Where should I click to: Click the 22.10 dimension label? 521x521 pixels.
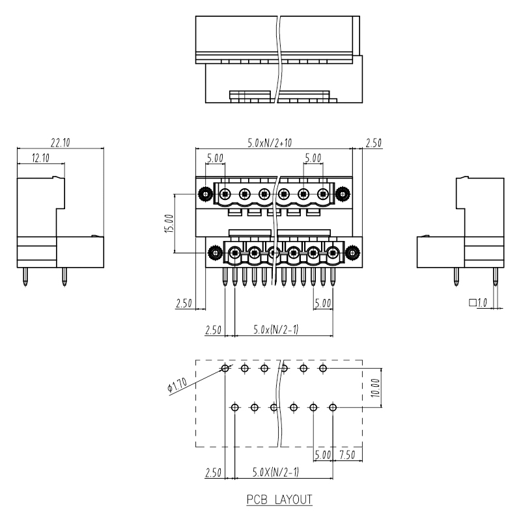point(61,143)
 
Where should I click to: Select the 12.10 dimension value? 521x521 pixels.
point(41,158)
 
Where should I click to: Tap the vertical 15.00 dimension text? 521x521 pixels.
point(169,223)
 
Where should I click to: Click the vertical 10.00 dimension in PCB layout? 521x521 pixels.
point(375,387)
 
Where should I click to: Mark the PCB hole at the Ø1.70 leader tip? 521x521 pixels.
point(225,369)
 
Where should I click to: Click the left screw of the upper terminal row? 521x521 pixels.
point(205,193)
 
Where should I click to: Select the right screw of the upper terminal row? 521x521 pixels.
point(343,193)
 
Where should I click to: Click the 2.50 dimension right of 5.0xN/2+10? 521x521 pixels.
point(373,143)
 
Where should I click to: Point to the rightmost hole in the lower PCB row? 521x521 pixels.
point(333,407)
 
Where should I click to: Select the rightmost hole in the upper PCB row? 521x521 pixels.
point(322,369)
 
